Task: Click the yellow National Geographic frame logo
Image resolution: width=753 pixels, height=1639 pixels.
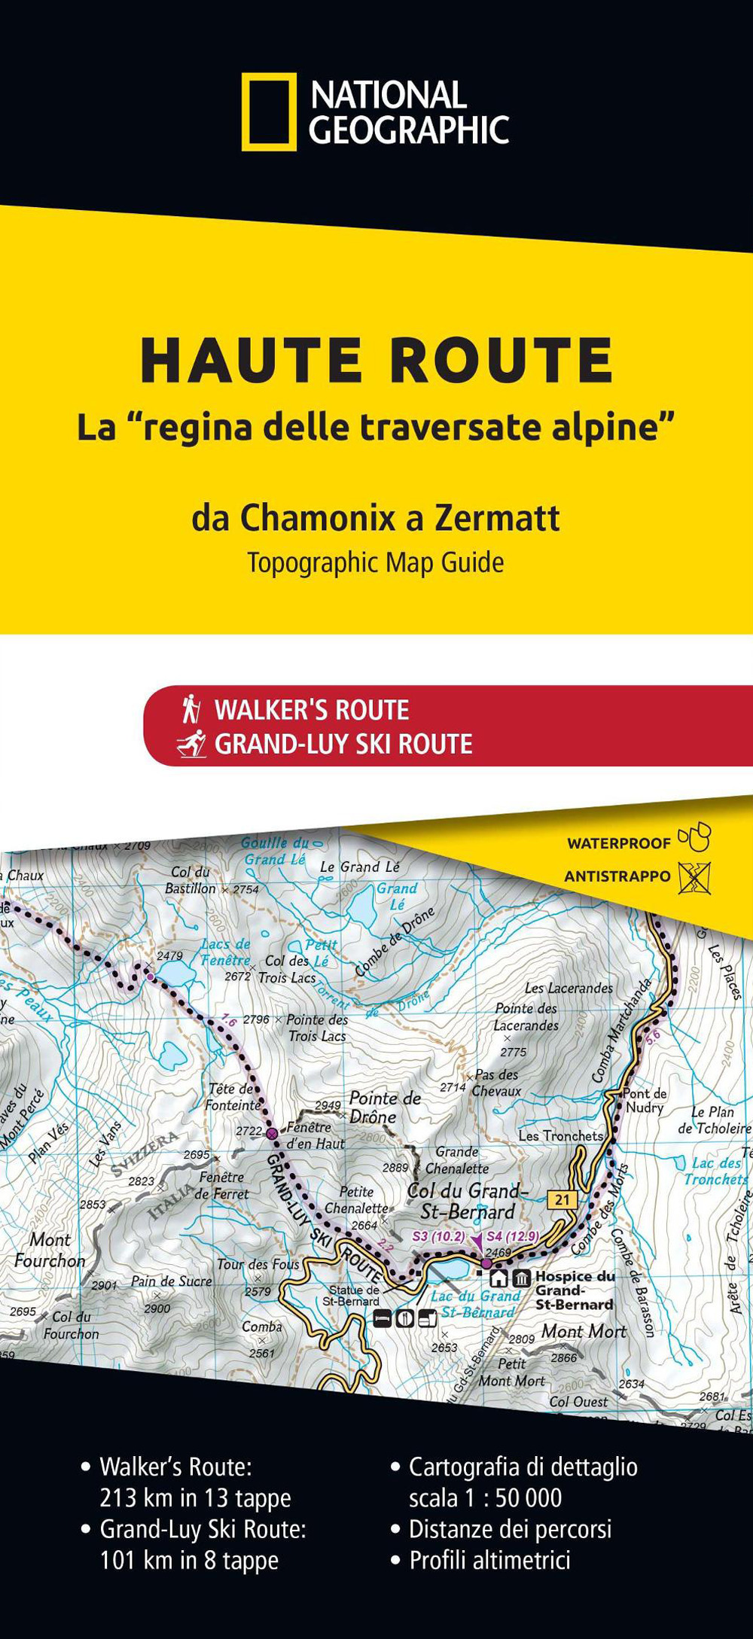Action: coord(269,112)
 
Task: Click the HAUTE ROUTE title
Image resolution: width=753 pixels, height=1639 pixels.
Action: coord(376,361)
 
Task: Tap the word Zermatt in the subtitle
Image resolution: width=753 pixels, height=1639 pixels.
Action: coord(497,518)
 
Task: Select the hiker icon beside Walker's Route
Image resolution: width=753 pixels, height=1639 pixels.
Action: coord(191,710)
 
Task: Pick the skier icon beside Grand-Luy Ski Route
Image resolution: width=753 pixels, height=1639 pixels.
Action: coord(191,744)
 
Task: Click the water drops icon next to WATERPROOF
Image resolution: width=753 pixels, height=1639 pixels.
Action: coord(694,838)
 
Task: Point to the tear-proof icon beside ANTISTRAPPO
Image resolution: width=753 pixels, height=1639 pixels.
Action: coord(694,877)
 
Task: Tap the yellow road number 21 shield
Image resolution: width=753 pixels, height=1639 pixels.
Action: coord(562,1199)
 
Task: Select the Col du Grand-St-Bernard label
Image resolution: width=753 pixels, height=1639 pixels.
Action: coord(463,1201)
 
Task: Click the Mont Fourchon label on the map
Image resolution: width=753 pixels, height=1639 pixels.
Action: coord(50,1249)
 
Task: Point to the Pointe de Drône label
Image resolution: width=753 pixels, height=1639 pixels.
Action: coord(384,1107)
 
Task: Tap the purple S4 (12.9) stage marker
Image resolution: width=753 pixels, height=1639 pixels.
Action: coord(512,1236)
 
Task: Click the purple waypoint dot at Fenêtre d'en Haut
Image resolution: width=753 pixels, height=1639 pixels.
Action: coord(272,1132)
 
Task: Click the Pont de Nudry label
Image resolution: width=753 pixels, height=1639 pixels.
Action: coord(645,1100)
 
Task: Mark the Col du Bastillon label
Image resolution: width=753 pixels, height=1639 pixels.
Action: coord(191,880)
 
